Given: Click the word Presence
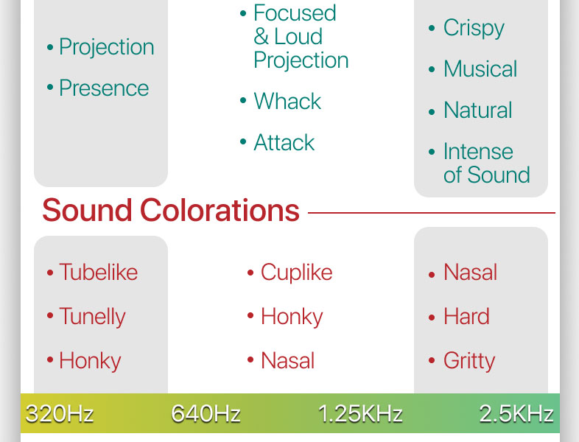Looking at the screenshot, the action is click(x=104, y=88).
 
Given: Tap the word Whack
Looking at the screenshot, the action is click(x=287, y=101).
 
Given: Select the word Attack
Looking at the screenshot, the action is click(x=284, y=142).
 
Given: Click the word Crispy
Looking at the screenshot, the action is click(x=474, y=29).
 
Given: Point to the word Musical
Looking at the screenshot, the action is click(x=480, y=69).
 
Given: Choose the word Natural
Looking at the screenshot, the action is click(x=478, y=110).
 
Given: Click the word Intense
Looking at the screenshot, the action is click(x=478, y=152).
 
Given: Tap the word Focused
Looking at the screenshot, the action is click(x=295, y=13).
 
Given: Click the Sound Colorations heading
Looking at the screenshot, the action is click(x=171, y=210).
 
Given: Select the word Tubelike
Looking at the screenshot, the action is click(x=98, y=272).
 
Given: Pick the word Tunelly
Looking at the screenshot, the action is click(x=92, y=318).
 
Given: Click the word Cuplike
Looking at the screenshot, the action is click(x=297, y=273).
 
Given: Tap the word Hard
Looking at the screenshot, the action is click(x=466, y=317).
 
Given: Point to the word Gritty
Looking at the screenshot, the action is click(x=469, y=361).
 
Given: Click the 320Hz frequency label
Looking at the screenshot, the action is click(x=60, y=413).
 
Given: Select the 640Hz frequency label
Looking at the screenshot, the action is click(x=206, y=413).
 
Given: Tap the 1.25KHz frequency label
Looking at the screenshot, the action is click(x=360, y=413).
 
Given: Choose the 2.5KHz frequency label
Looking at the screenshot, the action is click(x=516, y=413).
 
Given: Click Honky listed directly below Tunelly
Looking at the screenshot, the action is click(x=90, y=361).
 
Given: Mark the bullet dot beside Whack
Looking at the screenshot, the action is click(x=243, y=100).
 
